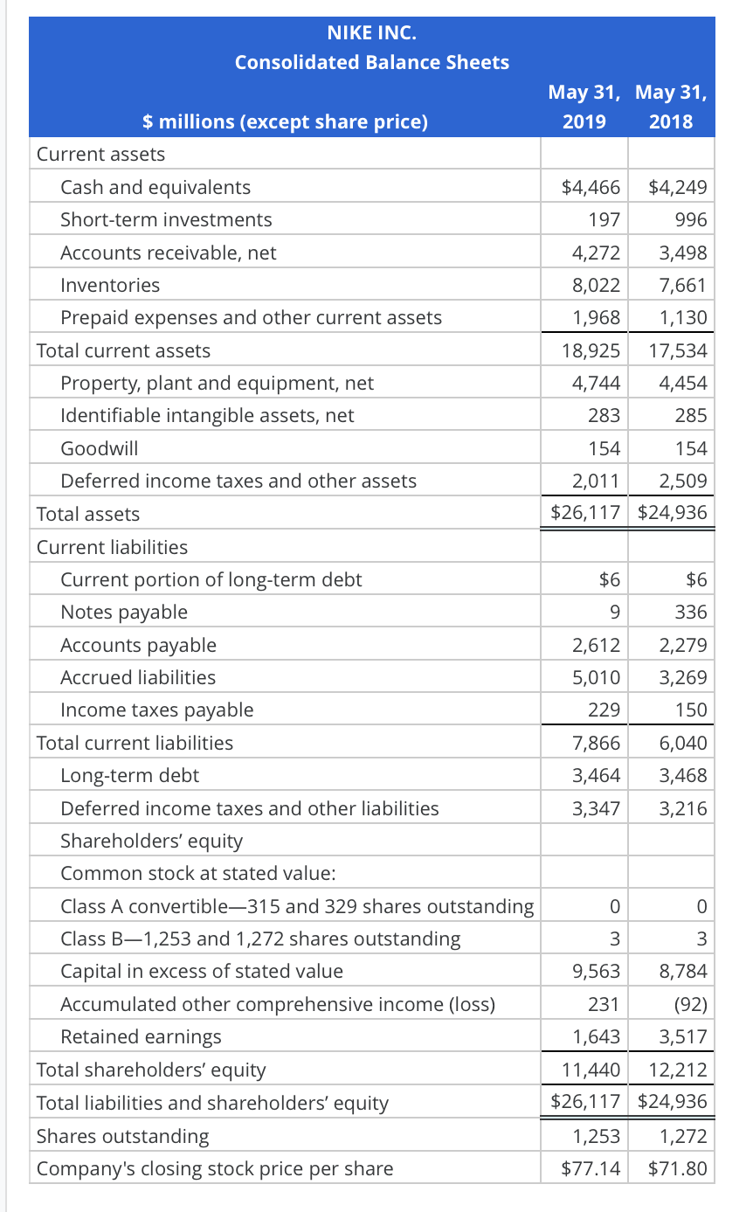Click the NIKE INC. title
371,33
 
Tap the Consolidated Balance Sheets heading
371,62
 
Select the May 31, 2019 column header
584,107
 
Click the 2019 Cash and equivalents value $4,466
591,187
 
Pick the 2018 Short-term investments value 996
691,219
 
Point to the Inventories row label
110,285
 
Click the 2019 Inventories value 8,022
596,285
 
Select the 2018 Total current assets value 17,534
678,350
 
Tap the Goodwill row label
99,448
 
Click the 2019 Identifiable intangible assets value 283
604,416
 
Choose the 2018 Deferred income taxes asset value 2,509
682,481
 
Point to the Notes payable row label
124,612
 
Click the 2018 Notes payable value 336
691,612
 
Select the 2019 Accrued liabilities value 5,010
596,677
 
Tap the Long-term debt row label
130,775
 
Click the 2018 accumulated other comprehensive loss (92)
690,1004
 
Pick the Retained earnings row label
141,1036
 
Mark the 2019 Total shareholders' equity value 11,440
591,1070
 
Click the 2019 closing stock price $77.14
591,1168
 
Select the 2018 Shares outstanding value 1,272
682,1136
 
